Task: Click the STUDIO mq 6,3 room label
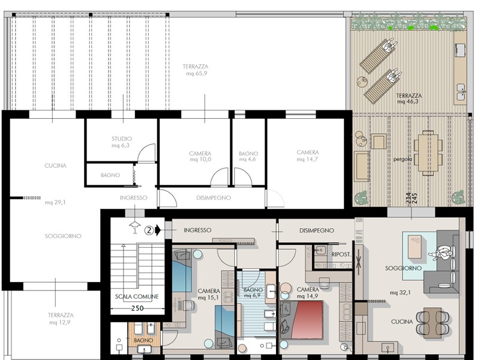coord(121,142)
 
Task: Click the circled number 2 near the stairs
coord(149,229)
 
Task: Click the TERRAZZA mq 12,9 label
coord(61,319)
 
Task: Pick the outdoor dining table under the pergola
coord(428,153)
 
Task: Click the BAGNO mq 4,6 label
coord(248,156)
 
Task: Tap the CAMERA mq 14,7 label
coord(308,156)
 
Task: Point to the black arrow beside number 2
coord(158,229)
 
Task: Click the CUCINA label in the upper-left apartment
coord(55,166)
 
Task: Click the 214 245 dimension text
coord(412,199)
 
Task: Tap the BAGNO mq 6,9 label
coord(253,293)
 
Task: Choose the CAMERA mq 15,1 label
coord(209,294)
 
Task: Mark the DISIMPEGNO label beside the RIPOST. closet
coord(317,230)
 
